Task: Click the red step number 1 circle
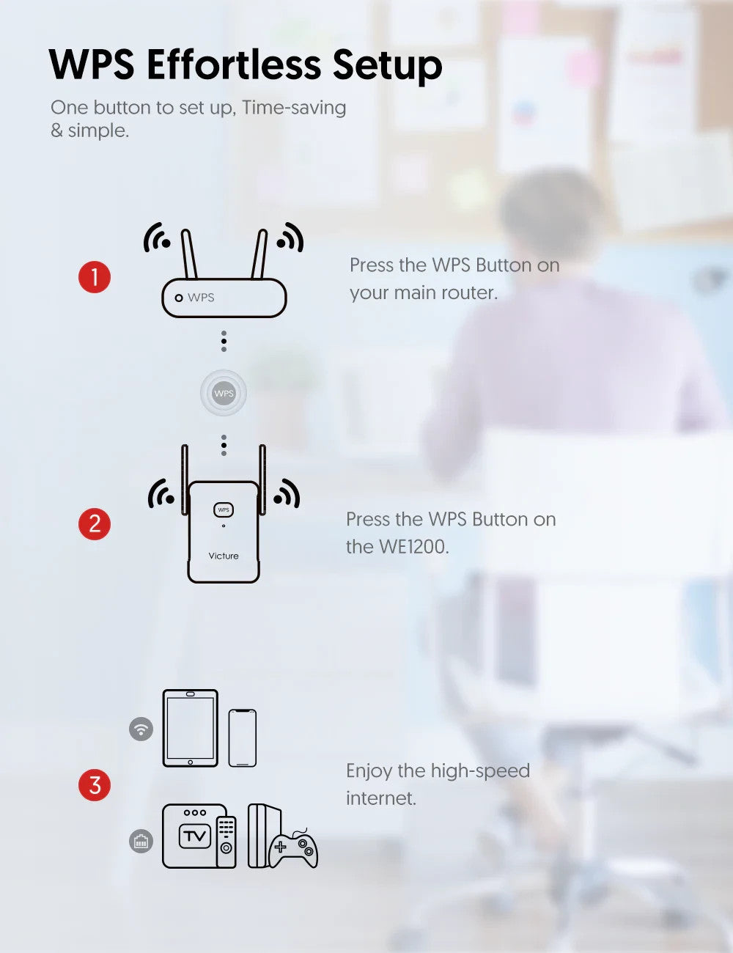95,277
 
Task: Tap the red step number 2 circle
95,523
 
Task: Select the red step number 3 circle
95,784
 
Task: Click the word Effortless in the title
234,65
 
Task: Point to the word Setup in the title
388,67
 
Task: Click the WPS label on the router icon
201,298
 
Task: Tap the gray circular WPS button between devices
224,393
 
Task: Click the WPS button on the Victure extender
224,509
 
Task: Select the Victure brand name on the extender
224,556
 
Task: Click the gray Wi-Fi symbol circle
141,729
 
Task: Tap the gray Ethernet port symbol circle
141,841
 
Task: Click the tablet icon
191,728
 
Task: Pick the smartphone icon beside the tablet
243,737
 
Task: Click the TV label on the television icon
195,836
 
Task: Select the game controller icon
293,849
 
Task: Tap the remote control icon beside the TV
226,842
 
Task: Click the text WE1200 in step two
414,547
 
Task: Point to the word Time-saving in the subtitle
294,108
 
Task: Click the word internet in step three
381,798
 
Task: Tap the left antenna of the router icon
189,254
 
